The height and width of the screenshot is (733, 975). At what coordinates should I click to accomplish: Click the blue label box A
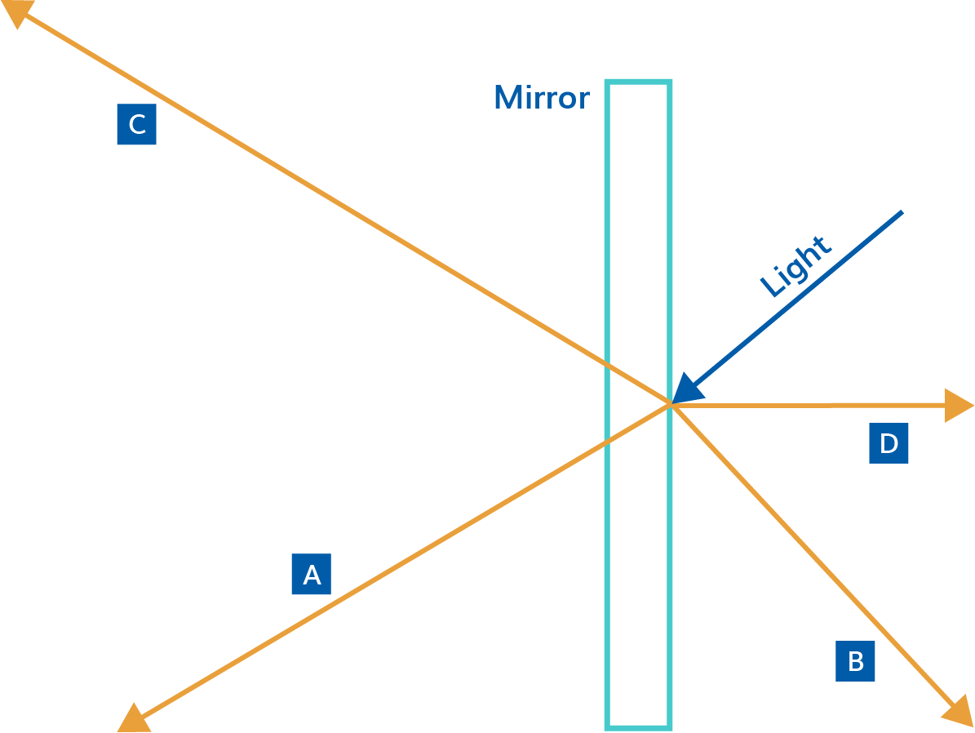click(312, 574)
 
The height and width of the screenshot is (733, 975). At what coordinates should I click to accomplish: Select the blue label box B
click(855, 661)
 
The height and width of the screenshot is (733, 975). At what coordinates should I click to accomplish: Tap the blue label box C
click(137, 124)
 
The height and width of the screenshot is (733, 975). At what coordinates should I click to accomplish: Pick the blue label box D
click(889, 444)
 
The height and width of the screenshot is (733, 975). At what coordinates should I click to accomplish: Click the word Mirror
click(542, 98)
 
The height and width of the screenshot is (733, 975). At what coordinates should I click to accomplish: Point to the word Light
click(795, 266)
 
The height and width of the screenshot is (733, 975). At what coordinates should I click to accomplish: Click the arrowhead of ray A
click(133, 718)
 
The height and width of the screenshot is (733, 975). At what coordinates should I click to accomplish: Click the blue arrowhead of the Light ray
click(683, 391)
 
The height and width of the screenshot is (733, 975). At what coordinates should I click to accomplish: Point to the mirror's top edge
click(638, 82)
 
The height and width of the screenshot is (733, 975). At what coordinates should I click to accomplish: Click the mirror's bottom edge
click(638, 726)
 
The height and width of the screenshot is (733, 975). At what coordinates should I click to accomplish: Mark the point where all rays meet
click(671, 404)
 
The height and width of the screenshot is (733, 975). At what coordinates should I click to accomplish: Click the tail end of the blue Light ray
click(902, 212)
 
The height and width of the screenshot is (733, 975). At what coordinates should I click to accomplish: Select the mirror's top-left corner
click(608, 82)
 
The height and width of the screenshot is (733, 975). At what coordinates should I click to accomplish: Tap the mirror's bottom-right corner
click(669, 726)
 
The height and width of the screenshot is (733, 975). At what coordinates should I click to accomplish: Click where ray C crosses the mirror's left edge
click(608, 367)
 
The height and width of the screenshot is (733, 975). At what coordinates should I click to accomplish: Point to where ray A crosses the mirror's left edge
click(608, 442)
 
